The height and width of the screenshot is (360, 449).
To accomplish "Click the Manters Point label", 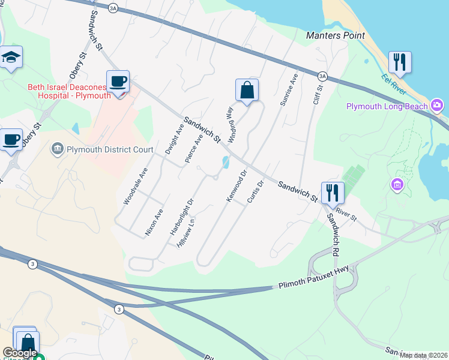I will pyautogui.click(x=335, y=35).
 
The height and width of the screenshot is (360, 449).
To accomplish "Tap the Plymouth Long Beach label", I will pyautogui.click(x=387, y=106).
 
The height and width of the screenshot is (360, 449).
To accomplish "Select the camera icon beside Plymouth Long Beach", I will pyautogui.click(x=438, y=106).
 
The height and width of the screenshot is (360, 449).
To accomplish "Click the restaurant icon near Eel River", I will pyautogui.click(x=399, y=61).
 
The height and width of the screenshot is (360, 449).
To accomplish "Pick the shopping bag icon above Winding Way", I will pyautogui.click(x=247, y=91).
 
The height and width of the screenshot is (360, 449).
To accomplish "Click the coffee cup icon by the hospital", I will pyautogui.click(x=118, y=82).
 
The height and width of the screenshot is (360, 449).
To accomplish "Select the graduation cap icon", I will pyautogui.click(x=11, y=58).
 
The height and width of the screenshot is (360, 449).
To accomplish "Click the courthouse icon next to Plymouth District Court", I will pyautogui.click(x=58, y=148).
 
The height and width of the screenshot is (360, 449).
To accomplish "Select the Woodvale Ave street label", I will pyautogui.click(x=135, y=187).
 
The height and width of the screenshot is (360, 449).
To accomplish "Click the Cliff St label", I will pyautogui.click(x=318, y=95).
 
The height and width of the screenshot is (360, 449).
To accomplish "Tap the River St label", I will pyautogui.click(x=346, y=215).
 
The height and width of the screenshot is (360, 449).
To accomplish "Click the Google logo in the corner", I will pyautogui.click(x=20, y=353).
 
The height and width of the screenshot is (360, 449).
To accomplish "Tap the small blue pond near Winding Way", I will pyautogui.click(x=225, y=162).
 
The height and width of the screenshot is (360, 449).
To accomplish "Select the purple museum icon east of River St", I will pyautogui.click(x=396, y=185).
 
